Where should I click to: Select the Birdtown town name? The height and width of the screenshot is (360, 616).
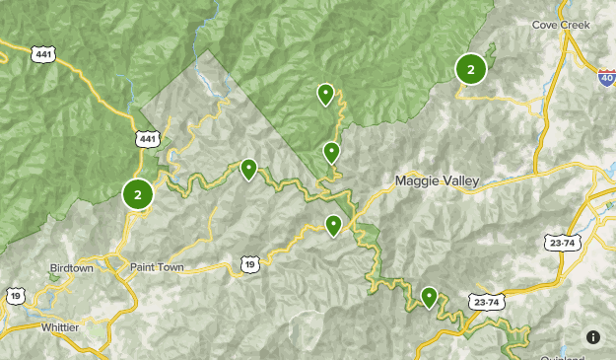coord(74,268)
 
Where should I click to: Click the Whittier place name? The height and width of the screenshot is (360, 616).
coord(67,326)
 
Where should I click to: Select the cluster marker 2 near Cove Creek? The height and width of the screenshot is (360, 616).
coord(471,69)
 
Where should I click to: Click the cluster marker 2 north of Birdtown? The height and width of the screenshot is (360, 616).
coord(138,194)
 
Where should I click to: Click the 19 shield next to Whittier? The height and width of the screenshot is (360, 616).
coord(15,295)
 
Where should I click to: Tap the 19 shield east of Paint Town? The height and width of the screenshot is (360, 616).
coord(250,263)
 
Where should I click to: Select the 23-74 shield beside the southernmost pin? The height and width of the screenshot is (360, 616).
coord(484,301)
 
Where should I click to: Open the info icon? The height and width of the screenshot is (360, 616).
coord(593,337)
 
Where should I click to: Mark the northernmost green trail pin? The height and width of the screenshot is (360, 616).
coord(325,94)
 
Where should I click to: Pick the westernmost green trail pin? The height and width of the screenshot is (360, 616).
coord(249,170)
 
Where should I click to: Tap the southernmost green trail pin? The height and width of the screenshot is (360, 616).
coord(429,296)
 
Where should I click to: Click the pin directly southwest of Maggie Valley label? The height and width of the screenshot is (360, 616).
coord(334,225)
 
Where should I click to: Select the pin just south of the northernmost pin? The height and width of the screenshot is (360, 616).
coord(332,152)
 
